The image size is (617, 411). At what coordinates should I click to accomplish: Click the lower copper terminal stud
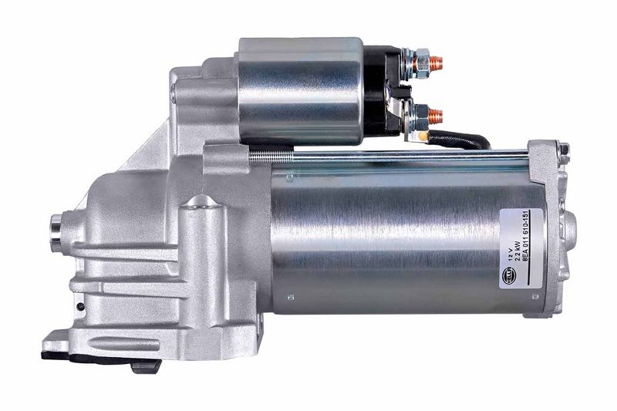tap(436, 116)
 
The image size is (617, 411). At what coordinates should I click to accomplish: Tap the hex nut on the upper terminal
tap(421, 59)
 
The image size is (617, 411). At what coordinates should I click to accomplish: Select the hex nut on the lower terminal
tap(421, 117)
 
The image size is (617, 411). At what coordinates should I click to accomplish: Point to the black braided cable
tap(463, 140)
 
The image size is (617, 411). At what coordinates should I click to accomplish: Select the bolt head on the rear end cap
tap(565, 149)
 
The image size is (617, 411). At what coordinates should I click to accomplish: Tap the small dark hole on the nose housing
tap(80, 306)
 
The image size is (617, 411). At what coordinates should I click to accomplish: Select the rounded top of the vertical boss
tap(202, 202)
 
